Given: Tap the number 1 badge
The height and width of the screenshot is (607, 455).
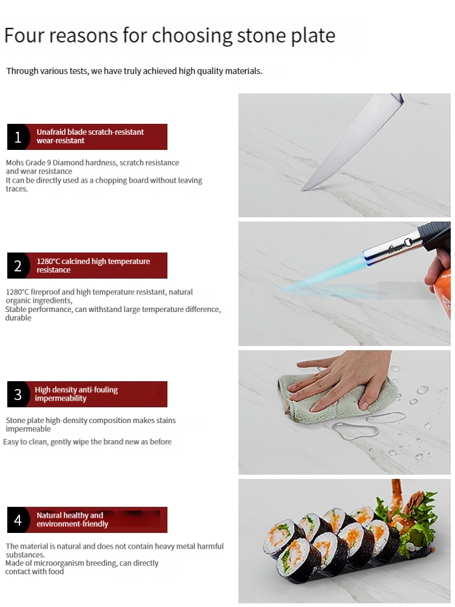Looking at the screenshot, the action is tap(18, 137).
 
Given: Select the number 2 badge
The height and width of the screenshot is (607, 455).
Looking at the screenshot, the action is tap(18, 266).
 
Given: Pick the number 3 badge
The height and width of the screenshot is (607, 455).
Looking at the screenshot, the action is tap(18, 394).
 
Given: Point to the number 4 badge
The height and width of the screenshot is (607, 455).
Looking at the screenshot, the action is tap(18, 520).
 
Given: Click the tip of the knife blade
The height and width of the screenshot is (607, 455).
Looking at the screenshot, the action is tap(302, 190).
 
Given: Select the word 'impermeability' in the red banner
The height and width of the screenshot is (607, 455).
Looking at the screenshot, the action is tap(61, 398).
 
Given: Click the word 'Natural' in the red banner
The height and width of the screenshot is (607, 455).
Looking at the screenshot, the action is tap(49, 515).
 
